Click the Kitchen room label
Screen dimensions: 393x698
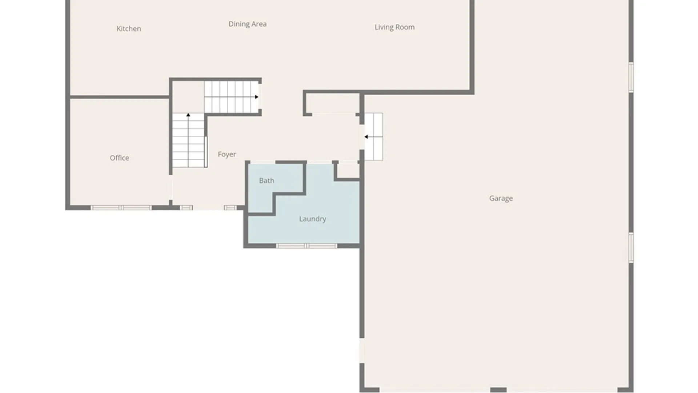pyautogui.click(x=129, y=29)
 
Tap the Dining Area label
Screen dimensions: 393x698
pyautogui.click(x=247, y=24)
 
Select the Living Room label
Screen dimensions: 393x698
pyautogui.click(x=394, y=27)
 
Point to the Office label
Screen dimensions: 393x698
pyautogui.click(x=119, y=158)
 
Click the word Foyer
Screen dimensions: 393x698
pyautogui.click(x=227, y=154)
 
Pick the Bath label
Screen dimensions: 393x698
pyautogui.click(x=266, y=180)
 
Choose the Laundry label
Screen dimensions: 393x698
pyautogui.click(x=312, y=219)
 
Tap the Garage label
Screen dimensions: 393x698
pyautogui.click(x=501, y=198)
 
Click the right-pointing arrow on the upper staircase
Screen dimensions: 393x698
pyautogui.click(x=257, y=97)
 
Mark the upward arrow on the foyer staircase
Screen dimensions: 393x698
pyautogui.click(x=188, y=115)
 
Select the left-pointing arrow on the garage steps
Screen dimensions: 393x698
pyautogui.click(x=366, y=137)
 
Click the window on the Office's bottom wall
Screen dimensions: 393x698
pyautogui.click(x=121, y=208)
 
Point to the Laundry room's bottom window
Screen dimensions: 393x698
pyautogui.click(x=306, y=246)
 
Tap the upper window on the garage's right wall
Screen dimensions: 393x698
pyautogui.click(x=631, y=77)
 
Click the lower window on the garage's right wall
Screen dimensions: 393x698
pyautogui.click(x=631, y=247)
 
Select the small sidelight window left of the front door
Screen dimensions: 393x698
pyautogui.click(x=186, y=208)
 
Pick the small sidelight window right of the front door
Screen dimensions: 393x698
pyautogui.click(x=230, y=208)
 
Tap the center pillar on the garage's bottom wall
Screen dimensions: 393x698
pyautogui.click(x=498, y=390)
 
